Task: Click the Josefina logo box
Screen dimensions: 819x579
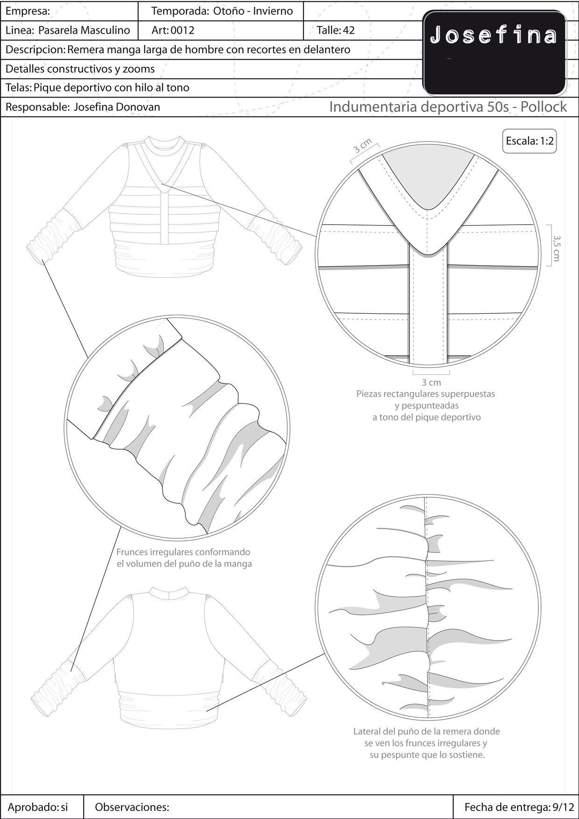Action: (x=494, y=53)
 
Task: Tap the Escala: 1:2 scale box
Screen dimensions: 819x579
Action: (x=530, y=141)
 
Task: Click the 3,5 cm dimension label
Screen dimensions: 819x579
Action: (x=556, y=247)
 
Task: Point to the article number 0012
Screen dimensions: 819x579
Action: (x=182, y=31)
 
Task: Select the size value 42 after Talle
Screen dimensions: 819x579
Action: (x=349, y=31)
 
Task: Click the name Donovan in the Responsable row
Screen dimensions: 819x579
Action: (x=138, y=107)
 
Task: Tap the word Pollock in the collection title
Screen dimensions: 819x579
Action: (x=544, y=107)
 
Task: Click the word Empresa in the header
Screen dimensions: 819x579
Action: (x=27, y=11)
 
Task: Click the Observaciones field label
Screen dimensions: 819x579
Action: (x=132, y=807)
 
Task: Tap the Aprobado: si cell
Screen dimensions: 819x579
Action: (x=38, y=807)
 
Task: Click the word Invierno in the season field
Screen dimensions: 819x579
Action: (x=273, y=11)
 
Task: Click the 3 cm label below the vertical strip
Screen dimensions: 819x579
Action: (x=431, y=382)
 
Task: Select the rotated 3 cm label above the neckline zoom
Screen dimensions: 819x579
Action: (x=362, y=146)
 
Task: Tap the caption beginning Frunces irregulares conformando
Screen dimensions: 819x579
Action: (x=184, y=558)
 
